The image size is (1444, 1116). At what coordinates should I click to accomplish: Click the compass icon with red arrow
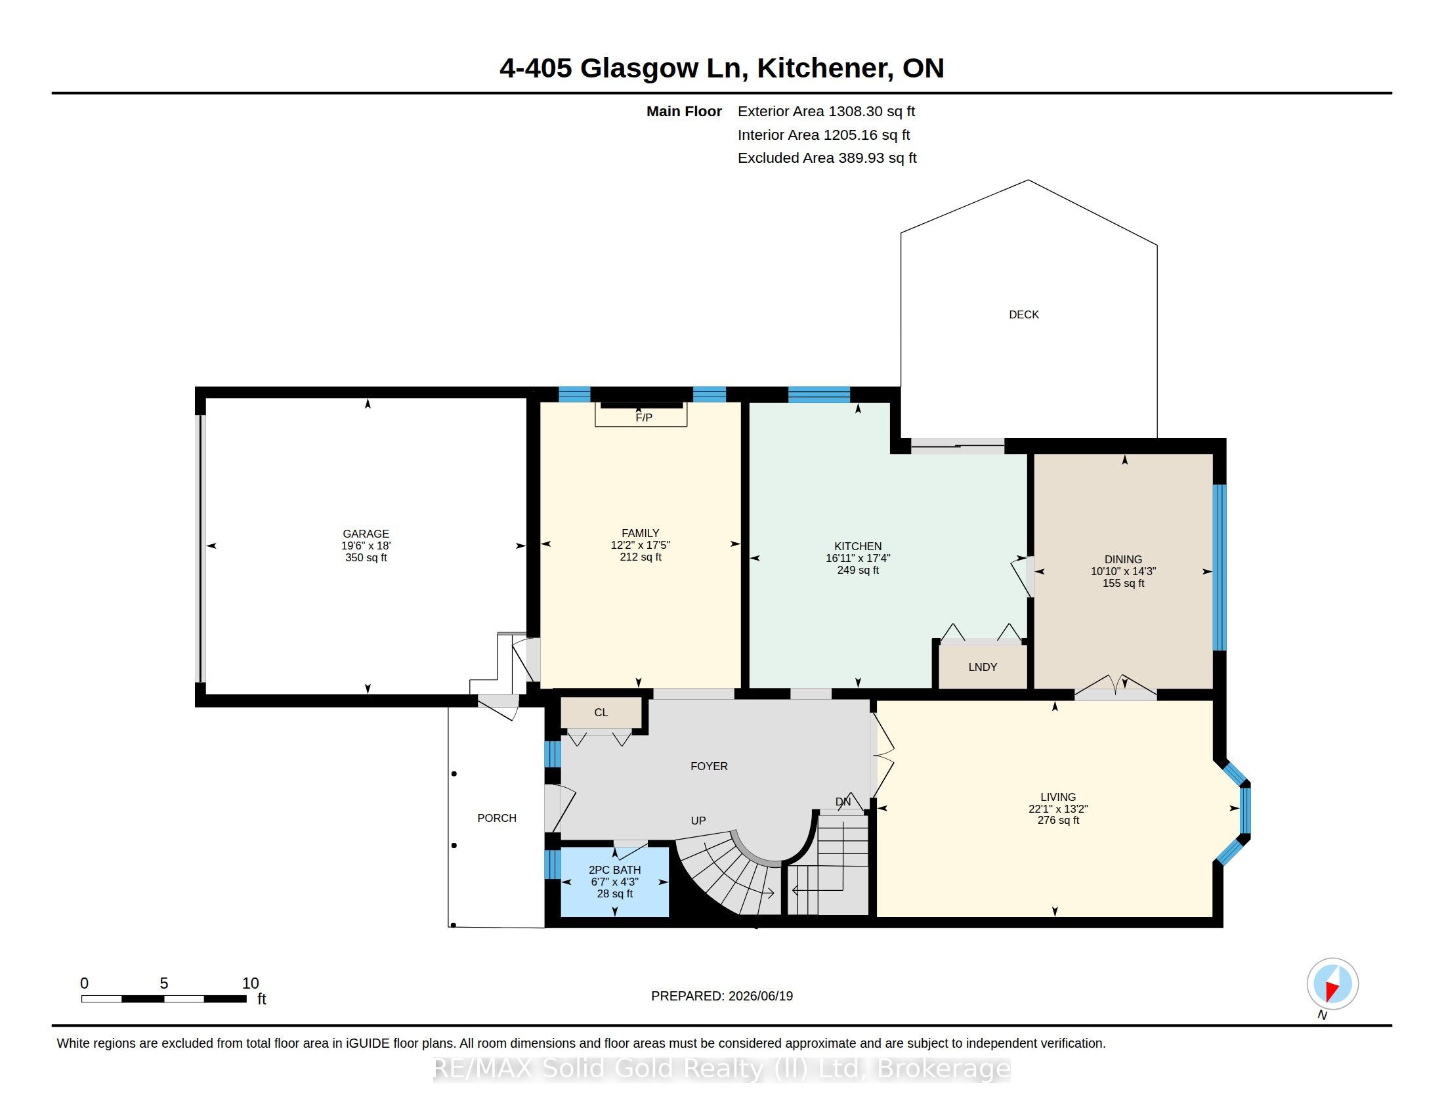click(1332, 984)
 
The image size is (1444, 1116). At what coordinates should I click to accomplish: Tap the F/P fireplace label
click(643, 417)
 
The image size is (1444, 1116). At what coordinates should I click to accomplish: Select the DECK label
click(1023, 314)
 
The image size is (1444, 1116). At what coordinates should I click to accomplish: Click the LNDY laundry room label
click(983, 667)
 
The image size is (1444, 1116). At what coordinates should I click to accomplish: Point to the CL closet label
click(601, 712)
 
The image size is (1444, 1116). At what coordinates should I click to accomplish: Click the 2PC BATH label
click(615, 870)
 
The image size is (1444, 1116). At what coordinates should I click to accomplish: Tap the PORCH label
click(498, 818)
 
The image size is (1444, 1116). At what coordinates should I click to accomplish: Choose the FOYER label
click(709, 766)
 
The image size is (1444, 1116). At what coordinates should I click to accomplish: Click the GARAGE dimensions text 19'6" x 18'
click(366, 546)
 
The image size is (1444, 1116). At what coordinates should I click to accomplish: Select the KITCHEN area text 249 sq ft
click(858, 570)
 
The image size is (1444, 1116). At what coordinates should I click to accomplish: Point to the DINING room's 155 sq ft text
click(1123, 583)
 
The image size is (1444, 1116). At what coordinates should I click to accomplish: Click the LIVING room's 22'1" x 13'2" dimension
click(1058, 809)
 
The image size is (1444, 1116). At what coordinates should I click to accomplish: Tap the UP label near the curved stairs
click(698, 821)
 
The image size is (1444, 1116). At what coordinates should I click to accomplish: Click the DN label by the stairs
click(843, 802)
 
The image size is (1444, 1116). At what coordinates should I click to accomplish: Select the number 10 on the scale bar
click(250, 983)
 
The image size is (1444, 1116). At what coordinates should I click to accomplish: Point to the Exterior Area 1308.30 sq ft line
click(826, 111)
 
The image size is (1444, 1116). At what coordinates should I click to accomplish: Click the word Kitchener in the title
click(822, 69)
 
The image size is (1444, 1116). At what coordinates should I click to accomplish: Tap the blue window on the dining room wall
click(1220, 568)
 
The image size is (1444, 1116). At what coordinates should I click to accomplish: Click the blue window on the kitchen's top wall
click(818, 395)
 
